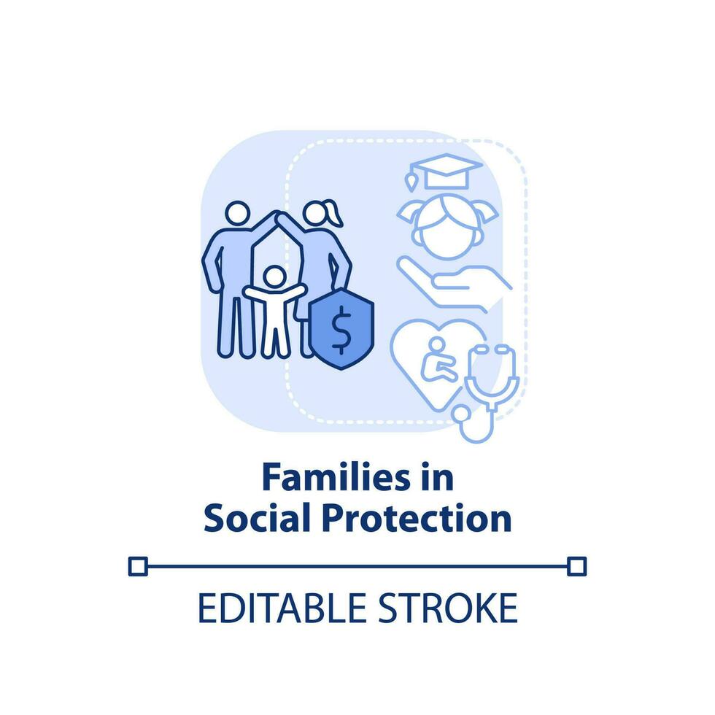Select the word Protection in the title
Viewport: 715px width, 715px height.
pos(417,518)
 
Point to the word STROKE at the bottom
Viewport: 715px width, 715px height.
pos(448,608)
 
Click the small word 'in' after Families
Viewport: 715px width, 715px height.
pos(437,477)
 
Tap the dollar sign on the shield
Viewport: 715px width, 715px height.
pos(341,330)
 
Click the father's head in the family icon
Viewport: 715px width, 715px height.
pos(238,213)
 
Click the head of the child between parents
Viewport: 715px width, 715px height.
pos(275,277)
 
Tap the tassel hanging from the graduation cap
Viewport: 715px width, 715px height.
pos(411,182)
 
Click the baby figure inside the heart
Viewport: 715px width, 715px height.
pos(438,360)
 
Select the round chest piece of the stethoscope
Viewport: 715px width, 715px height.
pos(461,413)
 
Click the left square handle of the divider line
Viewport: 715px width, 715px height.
pos(138,566)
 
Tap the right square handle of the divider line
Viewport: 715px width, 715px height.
pos(577,566)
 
